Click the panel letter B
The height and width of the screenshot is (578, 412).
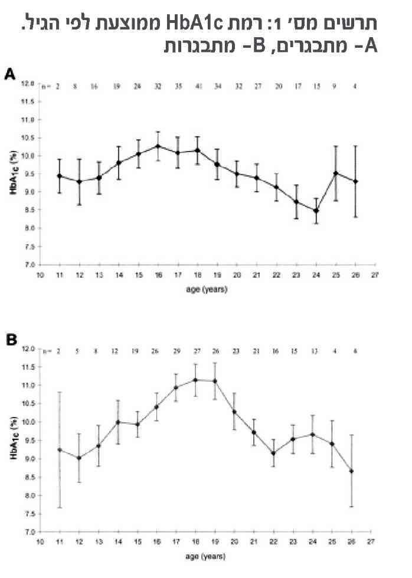click(x=10, y=340)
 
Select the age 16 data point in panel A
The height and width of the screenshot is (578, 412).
click(x=158, y=146)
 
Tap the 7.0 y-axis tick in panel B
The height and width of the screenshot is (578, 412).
click(x=30, y=531)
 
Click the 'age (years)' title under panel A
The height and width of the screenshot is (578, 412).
click(x=205, y=289)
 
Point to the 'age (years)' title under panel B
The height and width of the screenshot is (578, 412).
click(x=205, y=556)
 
